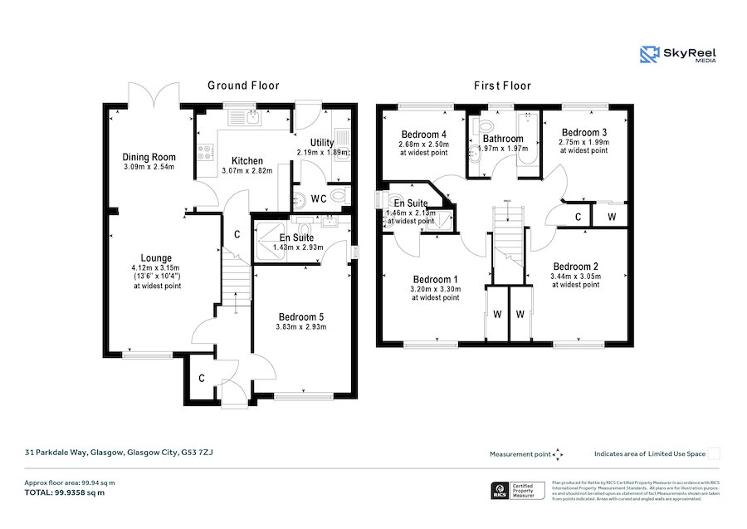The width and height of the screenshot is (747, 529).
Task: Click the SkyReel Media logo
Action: click(x=677, y=55)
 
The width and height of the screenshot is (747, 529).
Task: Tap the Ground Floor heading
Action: click(x=243, y=86)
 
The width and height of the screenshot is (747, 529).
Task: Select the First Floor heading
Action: click(x=502, y=86)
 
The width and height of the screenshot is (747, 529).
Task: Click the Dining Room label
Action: click(x=149, y=157)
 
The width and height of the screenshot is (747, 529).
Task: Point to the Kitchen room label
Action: click(x=247, y=161)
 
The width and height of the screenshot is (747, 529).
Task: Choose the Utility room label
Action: click(x=322, y=143)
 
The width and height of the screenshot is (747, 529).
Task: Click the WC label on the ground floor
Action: click(x=318, y=198)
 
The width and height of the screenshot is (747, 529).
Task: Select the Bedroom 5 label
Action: click(x=302, y=316)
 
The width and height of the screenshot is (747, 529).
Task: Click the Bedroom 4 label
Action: click(x=424, y=135)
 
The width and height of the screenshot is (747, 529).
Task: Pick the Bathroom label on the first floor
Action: click(x=503, y=139)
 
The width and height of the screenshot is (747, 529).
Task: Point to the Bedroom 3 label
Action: click(x=584, y=132)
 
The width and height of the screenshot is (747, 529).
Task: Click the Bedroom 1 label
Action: click(x=436, y=279)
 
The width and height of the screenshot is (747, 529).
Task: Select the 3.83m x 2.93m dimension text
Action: click(x=302, y=326)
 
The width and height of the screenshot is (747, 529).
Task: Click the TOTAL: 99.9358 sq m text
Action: click(x=64, y=492)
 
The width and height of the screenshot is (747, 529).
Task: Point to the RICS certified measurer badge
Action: click(x=519, y=490)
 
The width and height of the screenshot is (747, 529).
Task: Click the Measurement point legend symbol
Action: click(x=558, y=454)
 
